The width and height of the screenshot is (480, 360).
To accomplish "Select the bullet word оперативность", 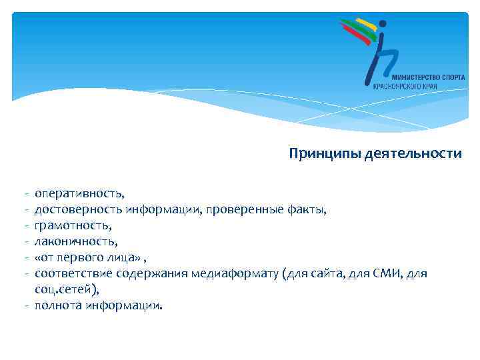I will [x=79, y=193].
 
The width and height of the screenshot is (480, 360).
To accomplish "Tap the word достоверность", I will [x=79, y=210].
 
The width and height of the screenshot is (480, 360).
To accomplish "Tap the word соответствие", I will [x=73, y=273].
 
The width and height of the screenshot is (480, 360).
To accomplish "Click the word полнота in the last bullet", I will [x=57, y=306].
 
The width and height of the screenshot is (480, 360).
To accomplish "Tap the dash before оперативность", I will [x=23, y=194].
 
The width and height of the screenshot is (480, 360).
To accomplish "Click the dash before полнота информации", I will [x=23, y=306].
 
